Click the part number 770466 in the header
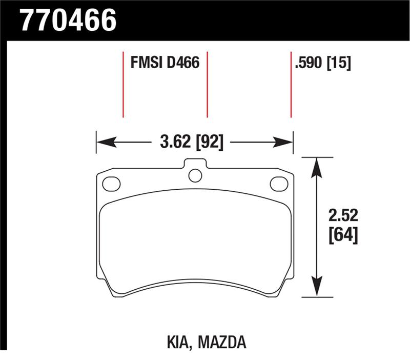pyautogui.click(x=69, y=21)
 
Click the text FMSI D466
pyautogui.click(x=165, y=63)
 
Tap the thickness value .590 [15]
pyautogui.click(x=323, y=63)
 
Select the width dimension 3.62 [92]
pyautogui.click(x=192, y=143)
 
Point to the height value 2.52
pyautogui.click(x=343, y=215)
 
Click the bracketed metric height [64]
pyautogui.click(x=343, y=235)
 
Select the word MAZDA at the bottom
pyautogui.click(x=222, y=342)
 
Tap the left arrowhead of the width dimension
pyautogui.click(x=106, y=143)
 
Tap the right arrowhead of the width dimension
pyautogui.click(x=283, y=143)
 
